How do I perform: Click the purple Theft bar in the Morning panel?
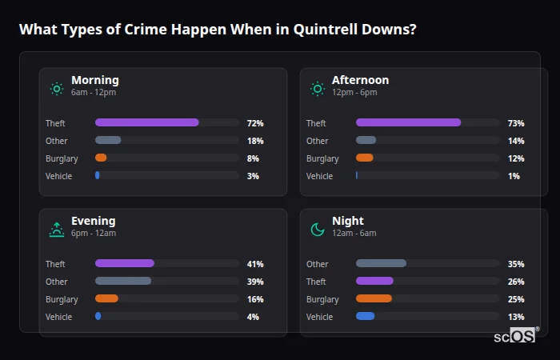(146, 122)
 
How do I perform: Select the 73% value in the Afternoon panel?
(516, 123)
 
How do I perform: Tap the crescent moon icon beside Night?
(318, 230)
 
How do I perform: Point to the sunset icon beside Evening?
(57, 230)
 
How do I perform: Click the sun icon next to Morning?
(57, 89)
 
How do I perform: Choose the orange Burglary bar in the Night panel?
(374, 298)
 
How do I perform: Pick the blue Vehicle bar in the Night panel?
(365, 316)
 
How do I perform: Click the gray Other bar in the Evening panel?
(122, 281)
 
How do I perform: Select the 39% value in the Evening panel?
(255, 282)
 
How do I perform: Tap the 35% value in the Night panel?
(516, 264)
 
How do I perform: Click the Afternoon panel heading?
(360, 80)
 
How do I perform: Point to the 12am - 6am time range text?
(354, 233)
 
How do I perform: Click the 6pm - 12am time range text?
(93, 233)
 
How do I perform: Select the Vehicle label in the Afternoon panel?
(319, 176)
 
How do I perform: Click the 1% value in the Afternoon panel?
(514, 176)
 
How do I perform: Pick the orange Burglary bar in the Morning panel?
(101, 158)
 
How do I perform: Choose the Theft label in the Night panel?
(316, 282)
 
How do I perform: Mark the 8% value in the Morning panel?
(253, 158)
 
